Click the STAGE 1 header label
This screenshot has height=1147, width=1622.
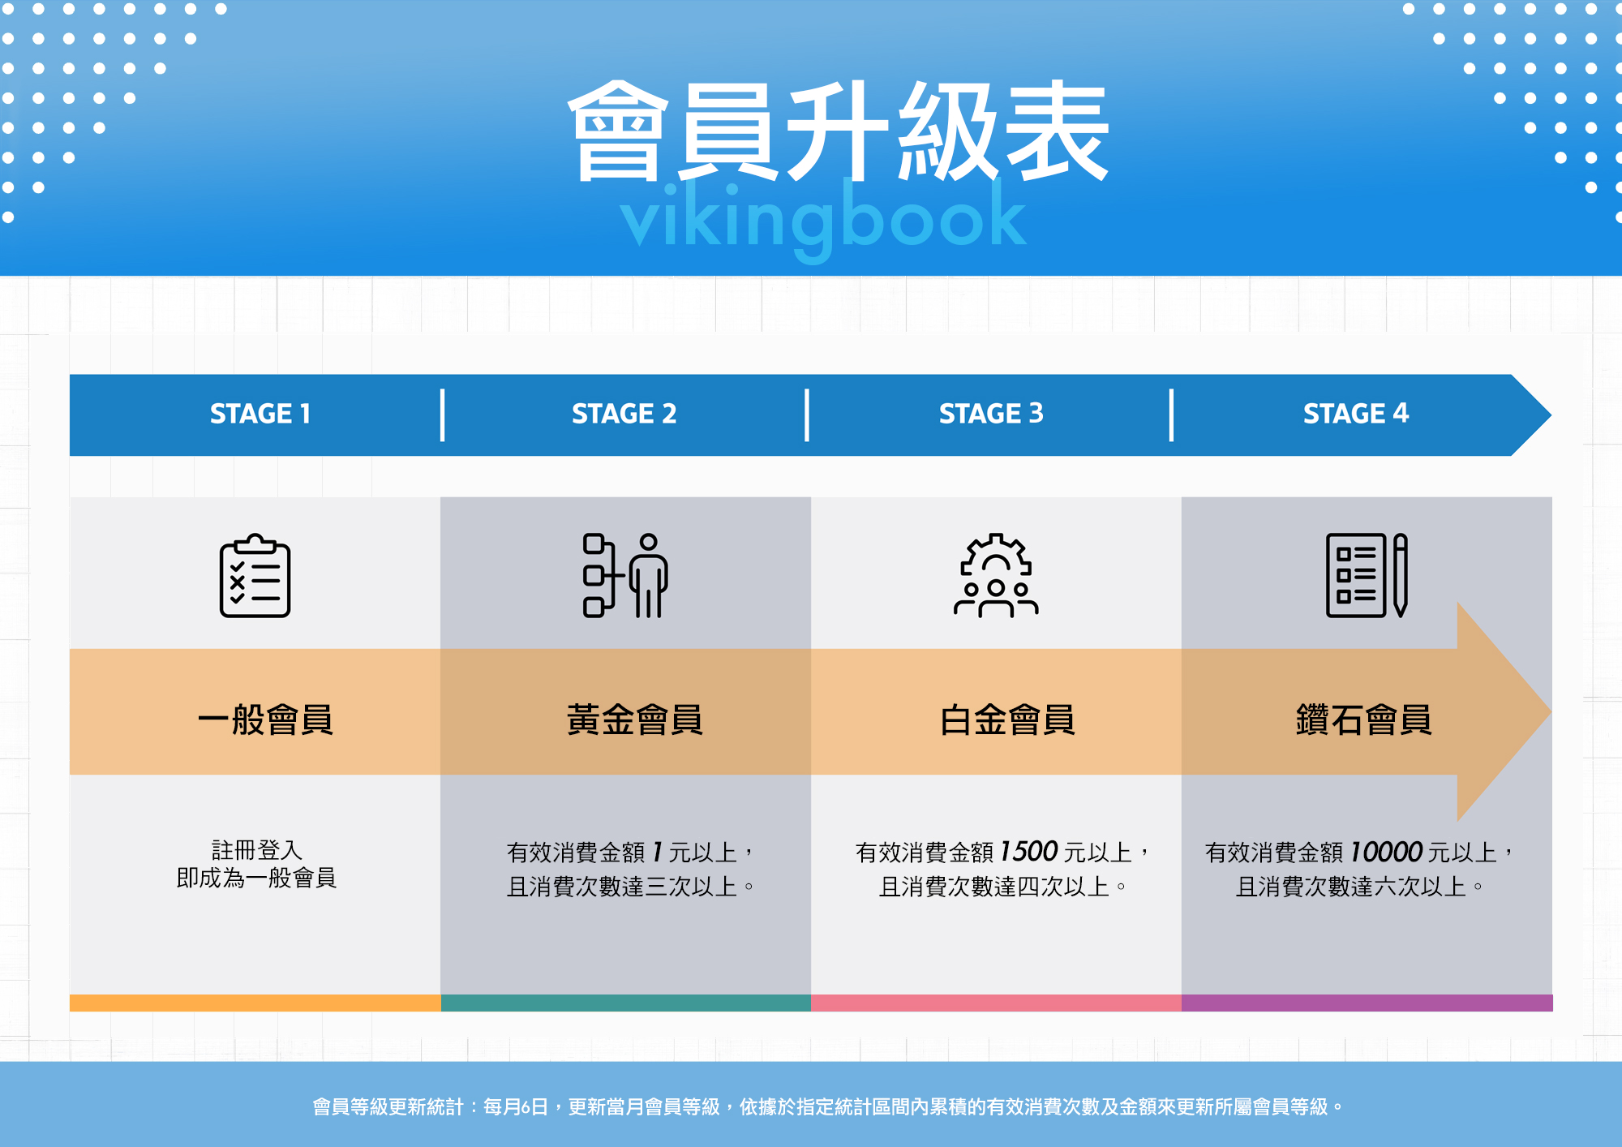(260, 414)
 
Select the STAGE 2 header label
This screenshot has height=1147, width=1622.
(624, 414)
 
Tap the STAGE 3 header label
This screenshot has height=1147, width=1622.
(991, 414)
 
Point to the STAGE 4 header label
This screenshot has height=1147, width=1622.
(1356, 414)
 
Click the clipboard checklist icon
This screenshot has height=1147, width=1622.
(255, 576)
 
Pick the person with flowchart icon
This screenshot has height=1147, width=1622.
(625, 576)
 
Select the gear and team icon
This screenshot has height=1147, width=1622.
(996, 576)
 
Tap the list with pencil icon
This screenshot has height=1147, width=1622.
(1367, 576)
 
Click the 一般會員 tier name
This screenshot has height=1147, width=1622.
(265, 720)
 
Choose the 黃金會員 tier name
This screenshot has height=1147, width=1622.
(634, 720)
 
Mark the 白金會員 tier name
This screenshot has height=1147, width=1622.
(1007, 720)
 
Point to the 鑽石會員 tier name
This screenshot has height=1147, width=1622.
(1364, 720)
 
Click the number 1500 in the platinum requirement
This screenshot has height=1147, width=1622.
(1029, 852)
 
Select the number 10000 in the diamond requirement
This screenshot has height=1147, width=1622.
(1387, 852)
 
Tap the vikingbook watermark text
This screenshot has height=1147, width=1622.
(823, 217)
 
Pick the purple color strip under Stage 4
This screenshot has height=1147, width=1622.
(1367, 1003)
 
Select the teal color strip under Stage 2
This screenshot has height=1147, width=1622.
(625, 1003)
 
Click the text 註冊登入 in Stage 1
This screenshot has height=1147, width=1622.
(256, 850)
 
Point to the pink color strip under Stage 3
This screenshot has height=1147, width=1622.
(996, 1003)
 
